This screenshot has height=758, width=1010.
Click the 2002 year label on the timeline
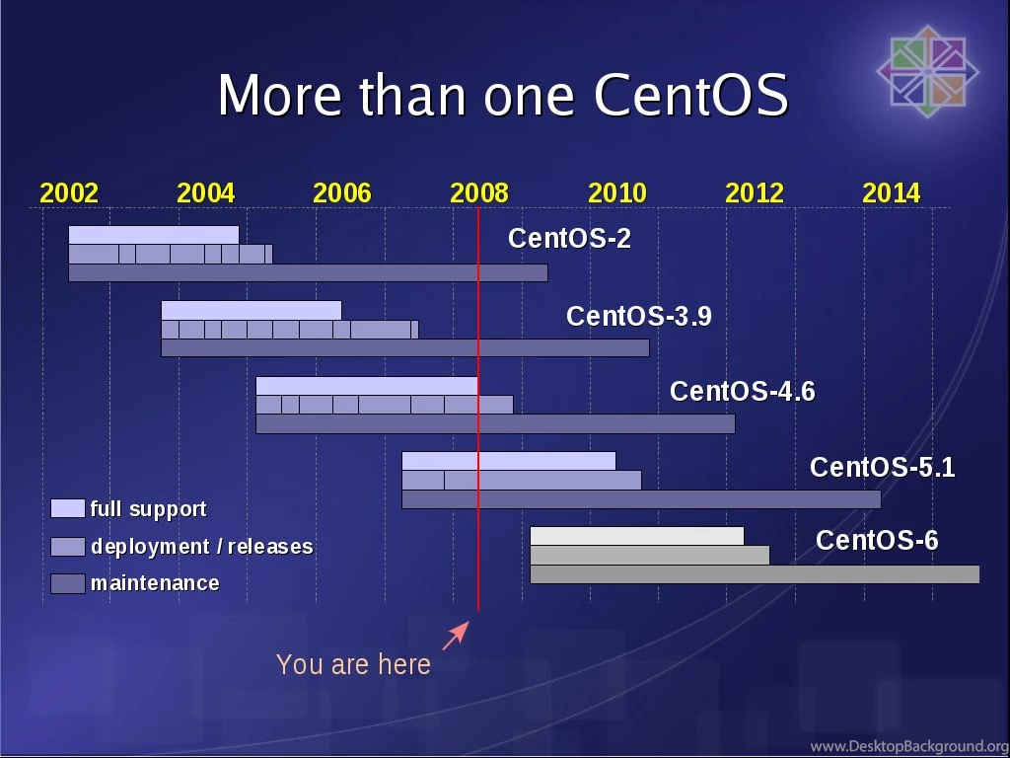pyautogui.click(x=69, y=193)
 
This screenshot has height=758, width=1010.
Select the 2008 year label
pyautogui.click(x=479, y=193)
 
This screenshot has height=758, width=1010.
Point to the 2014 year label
pyautogui.click(x=891, y=193)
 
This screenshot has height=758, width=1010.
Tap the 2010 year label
pyautogui.click(x=616, y=193)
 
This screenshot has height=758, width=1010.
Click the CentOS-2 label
pyautogui.click(x=569, y=239)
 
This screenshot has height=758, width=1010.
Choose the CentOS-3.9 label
pyautogui.click(x=638, y=317)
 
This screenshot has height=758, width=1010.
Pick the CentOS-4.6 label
pyautogui.click(x=742, y=392)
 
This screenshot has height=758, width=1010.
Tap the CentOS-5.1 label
pyautogui.click(x=882, y=468)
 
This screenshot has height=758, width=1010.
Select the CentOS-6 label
pyautogui.click(x=877, y=541)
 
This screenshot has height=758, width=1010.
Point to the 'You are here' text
pyautogui.click(x=353, y=665)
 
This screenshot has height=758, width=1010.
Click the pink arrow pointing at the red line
pyautogui.click(x=455, y=636)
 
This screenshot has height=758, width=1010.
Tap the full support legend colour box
pyautogui.click(x=67, y=509)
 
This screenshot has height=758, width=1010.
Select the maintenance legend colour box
pyautogui.click(x=67, y=583)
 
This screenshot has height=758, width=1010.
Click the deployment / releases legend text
pyautogui.click(x=201, y=547)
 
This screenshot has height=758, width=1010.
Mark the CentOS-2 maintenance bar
pyautogui.click(x=308, y=273)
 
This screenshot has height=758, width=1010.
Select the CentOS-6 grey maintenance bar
pyautogui.click(x=755, y=574)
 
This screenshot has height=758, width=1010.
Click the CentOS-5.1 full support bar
pyautogui.click(x=508, y=461)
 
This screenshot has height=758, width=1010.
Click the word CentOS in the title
pyautogui.click(x=690, y=96)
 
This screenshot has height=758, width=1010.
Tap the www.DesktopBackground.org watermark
pyautogui.click(x=908, y=746)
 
